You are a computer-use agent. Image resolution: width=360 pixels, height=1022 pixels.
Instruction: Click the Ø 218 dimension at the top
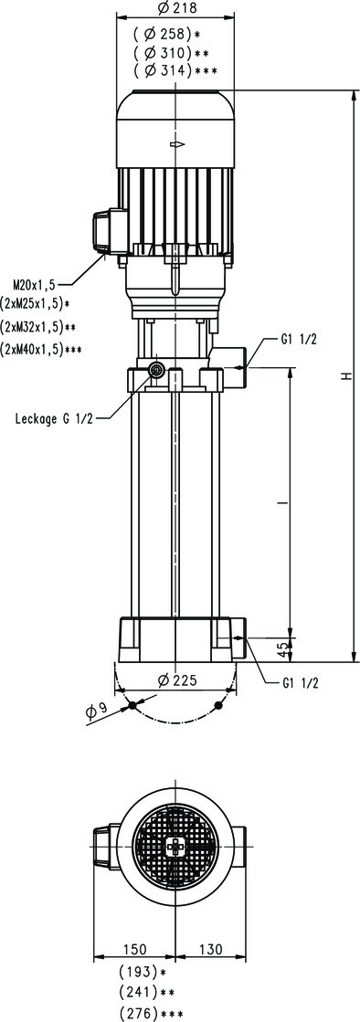(x=176, y=8)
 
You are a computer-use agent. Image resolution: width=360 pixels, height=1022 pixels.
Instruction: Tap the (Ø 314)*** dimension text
(x=175, y=70)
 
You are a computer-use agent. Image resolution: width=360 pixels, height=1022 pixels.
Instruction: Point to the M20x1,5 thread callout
(x=35, y=284)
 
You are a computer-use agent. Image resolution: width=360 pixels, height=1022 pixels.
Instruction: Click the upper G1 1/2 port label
(x=299, y=340)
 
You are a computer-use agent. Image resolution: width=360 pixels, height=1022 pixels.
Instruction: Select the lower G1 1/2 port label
(x=301, y=684)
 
